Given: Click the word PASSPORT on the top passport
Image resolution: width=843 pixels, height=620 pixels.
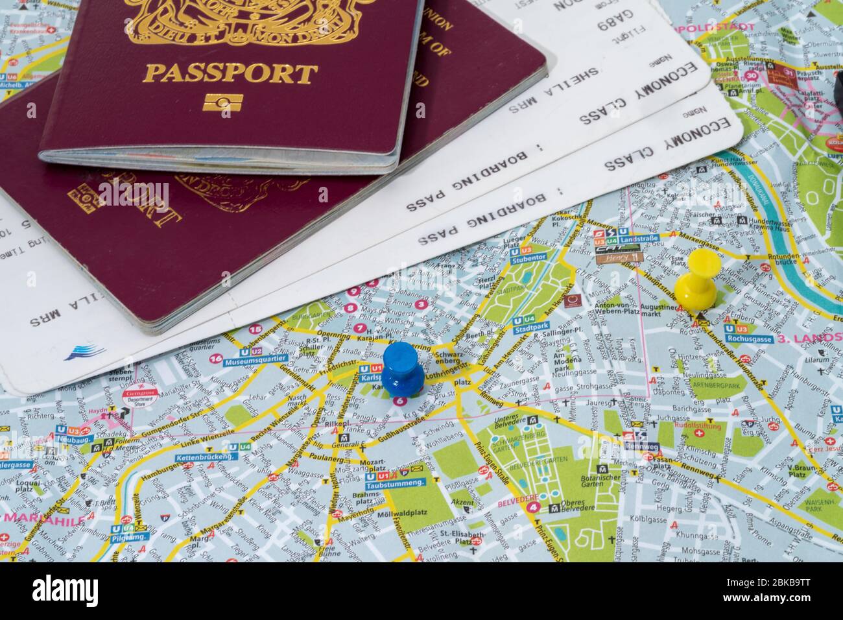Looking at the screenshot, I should point(230,73).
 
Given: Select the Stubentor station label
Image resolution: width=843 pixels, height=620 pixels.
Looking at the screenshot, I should point(525,259).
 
